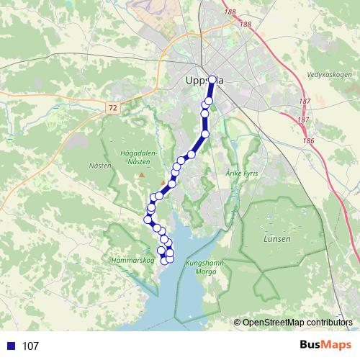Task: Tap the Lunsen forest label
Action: coord(277,239)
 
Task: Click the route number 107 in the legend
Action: coord(30,346)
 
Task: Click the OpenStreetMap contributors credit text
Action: coord(297,322)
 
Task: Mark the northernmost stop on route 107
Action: coord(212,80)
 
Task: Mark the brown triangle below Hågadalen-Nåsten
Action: coord(143,174)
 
